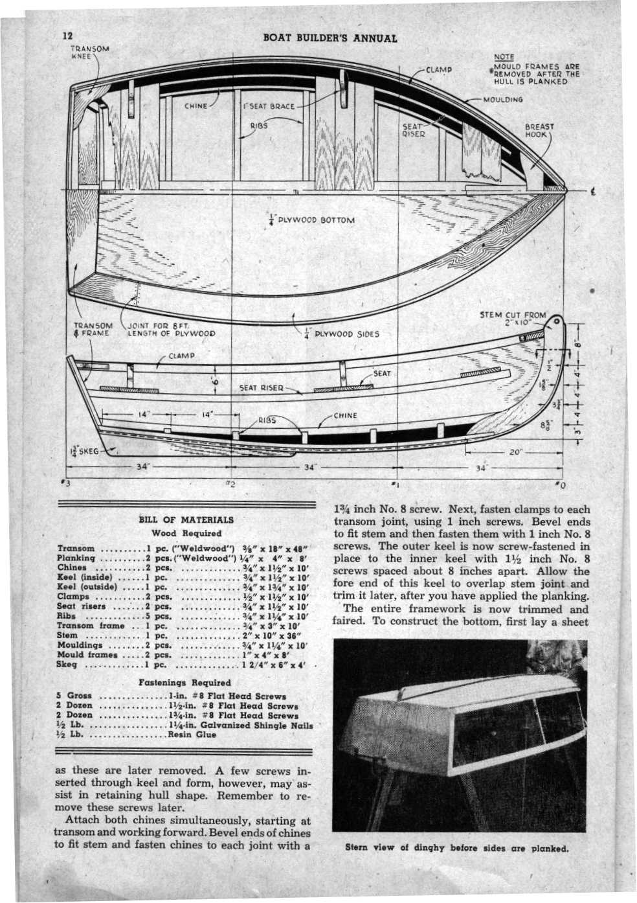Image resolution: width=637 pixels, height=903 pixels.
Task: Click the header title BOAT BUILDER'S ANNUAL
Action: coord(330,38)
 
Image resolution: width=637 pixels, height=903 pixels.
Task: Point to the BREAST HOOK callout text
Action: coord(539,131)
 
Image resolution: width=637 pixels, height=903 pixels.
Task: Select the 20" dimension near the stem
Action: coord(515,453)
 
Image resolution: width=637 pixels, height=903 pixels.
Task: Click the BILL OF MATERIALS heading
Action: coord(186,520)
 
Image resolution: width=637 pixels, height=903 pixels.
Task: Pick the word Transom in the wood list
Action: coord(76,548)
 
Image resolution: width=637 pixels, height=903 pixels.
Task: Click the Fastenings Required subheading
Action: coord(185,682)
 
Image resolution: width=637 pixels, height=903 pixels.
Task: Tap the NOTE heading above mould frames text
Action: coord(503,57)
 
